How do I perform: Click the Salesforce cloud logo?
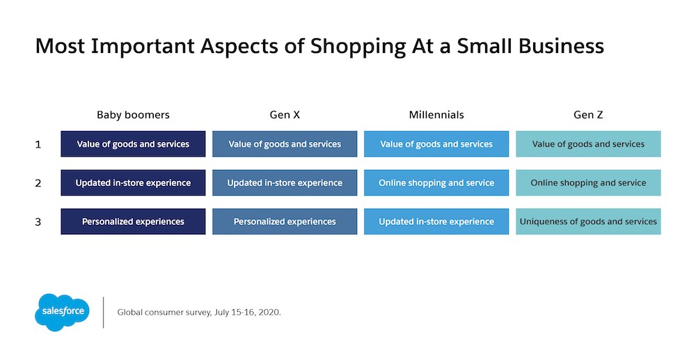pos(62,312)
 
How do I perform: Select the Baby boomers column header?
pos(133,115)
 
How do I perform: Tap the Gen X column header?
pos(285,115)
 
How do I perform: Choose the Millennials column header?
pos(436,115)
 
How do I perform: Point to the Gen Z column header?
pos(588,115)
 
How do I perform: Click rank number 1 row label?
pos(38,144)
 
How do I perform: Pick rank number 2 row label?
pos(38,183)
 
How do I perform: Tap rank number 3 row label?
pos(38,221)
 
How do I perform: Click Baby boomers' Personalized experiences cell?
pos(133,221)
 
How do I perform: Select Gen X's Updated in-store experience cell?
pos(285,183)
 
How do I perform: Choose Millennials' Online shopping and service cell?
pos(436,183)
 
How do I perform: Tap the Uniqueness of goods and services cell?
pos(588,221)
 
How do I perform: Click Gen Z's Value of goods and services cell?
pos(588,144)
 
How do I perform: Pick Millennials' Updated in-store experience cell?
pos(436,221)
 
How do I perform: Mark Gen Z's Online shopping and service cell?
pos(588,183)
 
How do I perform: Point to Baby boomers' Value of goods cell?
pos(133,144)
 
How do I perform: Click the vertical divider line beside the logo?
pos(104,313)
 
